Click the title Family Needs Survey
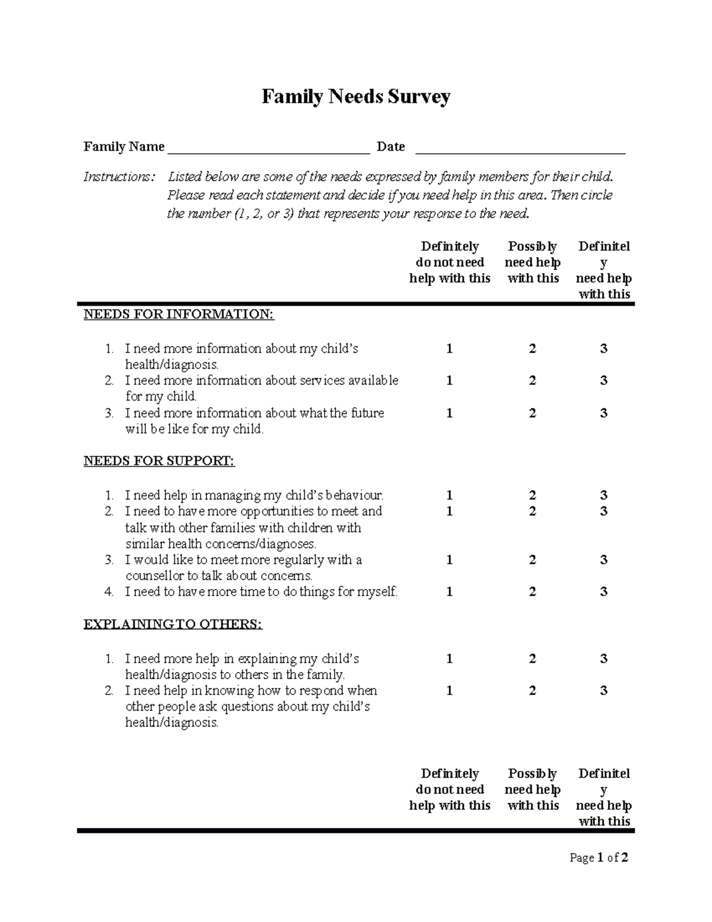[356, 96]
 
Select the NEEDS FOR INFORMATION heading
[179, 315]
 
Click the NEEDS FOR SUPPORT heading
[159, 461]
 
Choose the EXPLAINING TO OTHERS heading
[173, 625]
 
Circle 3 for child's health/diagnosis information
[603, 348]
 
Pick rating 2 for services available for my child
[532, 381]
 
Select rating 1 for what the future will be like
[449, 413]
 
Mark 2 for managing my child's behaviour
[532, 495]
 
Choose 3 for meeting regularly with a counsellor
[603, 560]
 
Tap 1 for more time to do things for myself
[449, 592]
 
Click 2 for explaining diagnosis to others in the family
[532, 659]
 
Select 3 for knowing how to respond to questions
[603, 690]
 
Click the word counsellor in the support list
[154, 576]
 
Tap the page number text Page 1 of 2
[599, 858]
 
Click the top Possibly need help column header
[532, 262]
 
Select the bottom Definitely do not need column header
[450, 790]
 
